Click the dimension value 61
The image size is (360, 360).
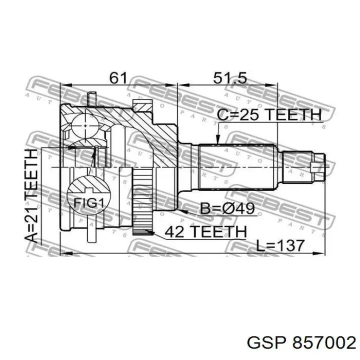point(118,78)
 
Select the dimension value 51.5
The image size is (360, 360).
point(230,78)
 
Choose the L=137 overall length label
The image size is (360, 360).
point(280,245)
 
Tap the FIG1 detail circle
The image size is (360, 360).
point(88,195)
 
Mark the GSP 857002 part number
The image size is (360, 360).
point(301,343)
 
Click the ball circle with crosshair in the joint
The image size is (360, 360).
point(85,126)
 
